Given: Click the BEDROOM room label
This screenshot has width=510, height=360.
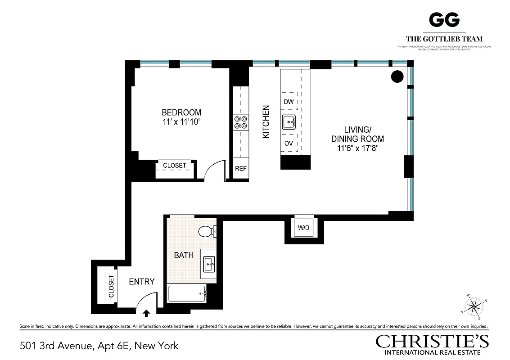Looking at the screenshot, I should [x=181, y=112].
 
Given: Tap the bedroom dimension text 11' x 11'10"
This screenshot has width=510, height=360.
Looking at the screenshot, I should [x=181, y=121].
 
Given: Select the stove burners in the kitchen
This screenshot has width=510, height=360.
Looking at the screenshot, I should [x=240, y=122].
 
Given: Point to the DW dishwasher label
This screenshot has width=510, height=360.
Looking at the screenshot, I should [x=289, y=102].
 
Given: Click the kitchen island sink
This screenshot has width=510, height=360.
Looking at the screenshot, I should [x=289, y=121].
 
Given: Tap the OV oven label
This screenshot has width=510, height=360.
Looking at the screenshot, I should [x=289, y=144].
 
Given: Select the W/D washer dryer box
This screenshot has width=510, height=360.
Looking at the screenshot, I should [x=303, y=228].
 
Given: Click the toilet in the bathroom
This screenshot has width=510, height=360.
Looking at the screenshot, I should [x=207, y=231].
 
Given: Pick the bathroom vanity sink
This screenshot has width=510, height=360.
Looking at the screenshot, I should [x=208, y=263].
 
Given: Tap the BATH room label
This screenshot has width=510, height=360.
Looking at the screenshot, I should [x=184, y=255].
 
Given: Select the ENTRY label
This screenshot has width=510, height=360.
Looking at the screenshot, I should [x=141, y=282].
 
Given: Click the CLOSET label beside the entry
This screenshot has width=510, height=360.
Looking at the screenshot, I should [x=111, y=286].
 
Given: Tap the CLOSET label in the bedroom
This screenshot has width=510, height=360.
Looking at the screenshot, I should [x=174, y=166].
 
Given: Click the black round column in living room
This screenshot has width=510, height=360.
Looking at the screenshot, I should [x=397, y=76].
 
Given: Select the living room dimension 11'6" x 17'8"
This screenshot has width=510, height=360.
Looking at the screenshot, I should [x=357, y=148].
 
